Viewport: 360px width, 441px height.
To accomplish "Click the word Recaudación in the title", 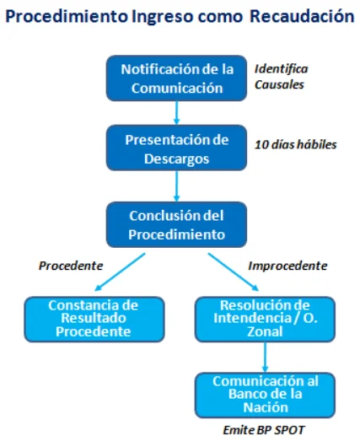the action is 303,16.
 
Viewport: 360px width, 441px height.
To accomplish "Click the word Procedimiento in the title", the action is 67,16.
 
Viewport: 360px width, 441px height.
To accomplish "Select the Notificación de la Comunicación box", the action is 176,78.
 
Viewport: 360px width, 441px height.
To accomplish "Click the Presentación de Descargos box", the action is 176,148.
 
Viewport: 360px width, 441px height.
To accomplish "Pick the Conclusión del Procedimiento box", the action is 176,225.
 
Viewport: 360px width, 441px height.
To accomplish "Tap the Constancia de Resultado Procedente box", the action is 94,320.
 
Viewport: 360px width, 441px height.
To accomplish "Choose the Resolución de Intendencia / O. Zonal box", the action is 265,320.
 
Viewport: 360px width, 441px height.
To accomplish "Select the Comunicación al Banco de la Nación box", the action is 265,395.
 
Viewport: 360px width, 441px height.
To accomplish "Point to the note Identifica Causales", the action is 282,77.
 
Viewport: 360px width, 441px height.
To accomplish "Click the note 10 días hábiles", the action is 296,144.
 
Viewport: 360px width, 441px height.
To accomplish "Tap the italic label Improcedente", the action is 287,266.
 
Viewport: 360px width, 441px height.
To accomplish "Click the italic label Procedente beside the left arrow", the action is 71,266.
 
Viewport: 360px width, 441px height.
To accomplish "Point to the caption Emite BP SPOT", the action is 264,430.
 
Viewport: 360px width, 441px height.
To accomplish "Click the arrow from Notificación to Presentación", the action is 176,113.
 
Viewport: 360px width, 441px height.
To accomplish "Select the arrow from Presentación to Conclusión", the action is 176,186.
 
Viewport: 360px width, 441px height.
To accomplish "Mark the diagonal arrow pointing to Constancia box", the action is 120,272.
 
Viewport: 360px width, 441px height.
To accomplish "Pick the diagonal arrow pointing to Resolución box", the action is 234,272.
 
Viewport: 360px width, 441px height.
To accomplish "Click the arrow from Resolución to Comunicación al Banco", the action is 265,358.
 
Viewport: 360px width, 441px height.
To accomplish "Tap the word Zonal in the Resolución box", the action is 265,331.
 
